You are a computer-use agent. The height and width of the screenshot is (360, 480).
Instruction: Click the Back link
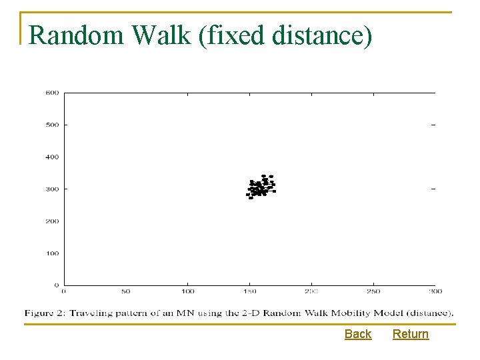(358, 334)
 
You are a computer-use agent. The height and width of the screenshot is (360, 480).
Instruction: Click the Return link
(411, 334)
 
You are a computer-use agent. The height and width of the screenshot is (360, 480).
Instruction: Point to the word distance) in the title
(319, 35)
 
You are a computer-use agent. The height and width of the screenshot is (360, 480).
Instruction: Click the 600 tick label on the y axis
(52, 93)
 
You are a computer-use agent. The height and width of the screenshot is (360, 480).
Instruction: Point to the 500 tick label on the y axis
(52, 125)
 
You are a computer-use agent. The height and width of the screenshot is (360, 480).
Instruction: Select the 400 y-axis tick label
(52, 157)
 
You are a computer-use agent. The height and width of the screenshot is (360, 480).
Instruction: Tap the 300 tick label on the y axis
(52, 189)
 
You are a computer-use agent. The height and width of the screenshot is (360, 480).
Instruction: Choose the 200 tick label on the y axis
(52, 221)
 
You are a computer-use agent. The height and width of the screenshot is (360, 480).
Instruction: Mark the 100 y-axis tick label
(52, 253)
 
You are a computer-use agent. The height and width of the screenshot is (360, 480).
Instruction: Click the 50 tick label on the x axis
(125, 291)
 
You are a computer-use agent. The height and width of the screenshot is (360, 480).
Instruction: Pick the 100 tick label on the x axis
(187, 291)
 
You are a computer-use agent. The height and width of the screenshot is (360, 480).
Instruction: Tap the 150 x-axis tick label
(249, 291)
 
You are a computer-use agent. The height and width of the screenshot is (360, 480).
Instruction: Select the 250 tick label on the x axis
(373, 291)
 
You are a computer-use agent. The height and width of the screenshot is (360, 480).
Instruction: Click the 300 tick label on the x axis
(435, 291)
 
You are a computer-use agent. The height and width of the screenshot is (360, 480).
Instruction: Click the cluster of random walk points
(260, 188)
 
